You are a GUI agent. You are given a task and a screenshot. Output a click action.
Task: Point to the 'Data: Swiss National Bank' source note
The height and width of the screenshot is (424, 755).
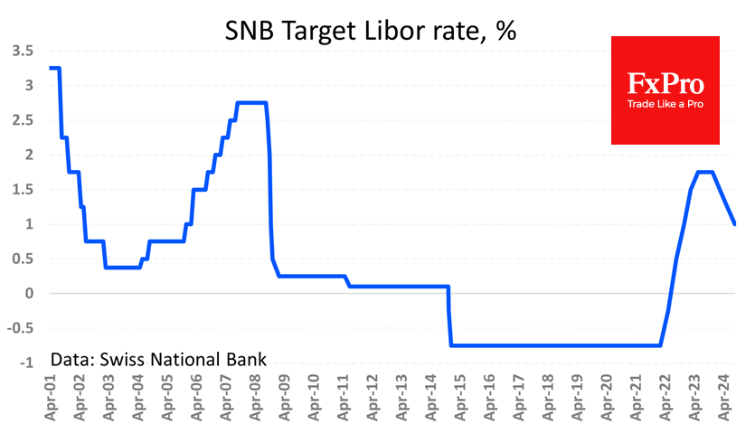click(x=158, y=359)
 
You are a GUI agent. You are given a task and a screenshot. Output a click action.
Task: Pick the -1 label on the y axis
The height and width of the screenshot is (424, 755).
click(x=26, y=363)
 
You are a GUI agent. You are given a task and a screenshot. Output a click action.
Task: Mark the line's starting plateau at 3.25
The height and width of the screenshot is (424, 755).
click(x=54, y=68)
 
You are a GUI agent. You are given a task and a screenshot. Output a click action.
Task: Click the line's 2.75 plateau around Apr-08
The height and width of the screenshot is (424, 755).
click(x=251, y=102)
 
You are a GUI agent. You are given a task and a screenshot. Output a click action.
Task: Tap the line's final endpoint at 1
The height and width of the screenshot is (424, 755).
click(x=735, y=223)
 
